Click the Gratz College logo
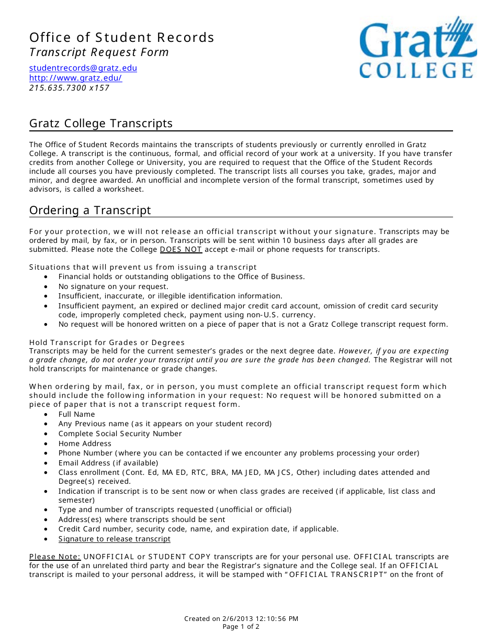point(417,48)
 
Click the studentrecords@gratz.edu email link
point(83,68)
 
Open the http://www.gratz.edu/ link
point(75,78)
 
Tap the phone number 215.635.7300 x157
point(69,88)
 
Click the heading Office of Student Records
point(121,38)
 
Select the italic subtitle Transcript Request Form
point(99,52)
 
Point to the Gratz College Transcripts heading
point(100,124)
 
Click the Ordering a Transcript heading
point(90,210)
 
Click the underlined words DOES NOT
point(180,250)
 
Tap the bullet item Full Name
point(76,414)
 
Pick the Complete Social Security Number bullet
point(120,434)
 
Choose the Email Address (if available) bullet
point(108,463)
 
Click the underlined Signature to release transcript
point(114,539)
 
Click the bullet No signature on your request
point(113,286)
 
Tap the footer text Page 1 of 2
point(241,627)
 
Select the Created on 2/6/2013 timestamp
point(241,618)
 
